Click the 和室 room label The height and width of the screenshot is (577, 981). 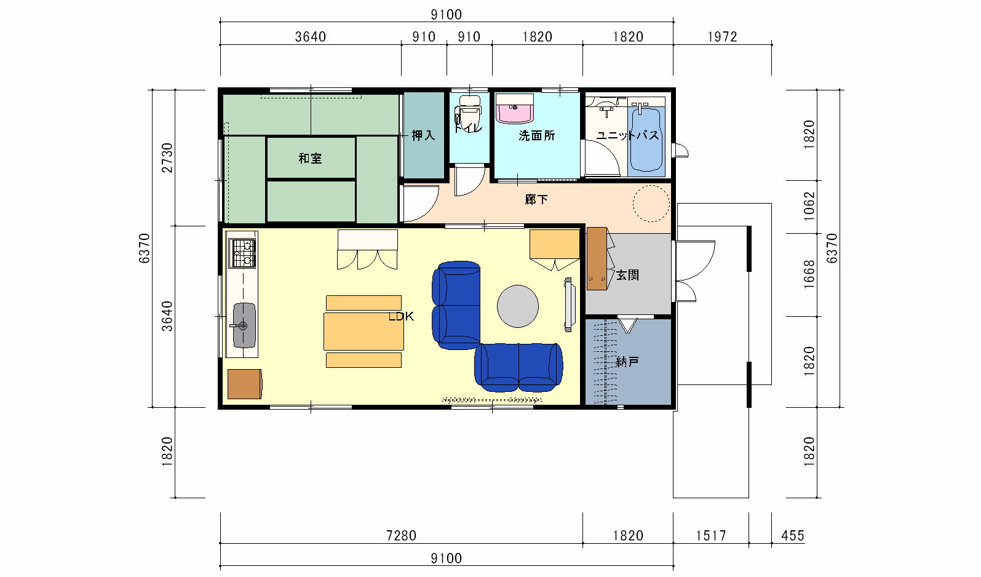tap(310, 158)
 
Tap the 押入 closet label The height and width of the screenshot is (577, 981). tap(423, 135)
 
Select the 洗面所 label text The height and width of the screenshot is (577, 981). tap(536, 135)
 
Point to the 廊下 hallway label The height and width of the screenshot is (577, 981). tap(536, 200)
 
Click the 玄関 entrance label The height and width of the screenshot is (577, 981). tap(627, 275)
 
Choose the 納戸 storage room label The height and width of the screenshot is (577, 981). tap(627, 362)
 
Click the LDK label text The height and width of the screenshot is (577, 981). tap(401, 316)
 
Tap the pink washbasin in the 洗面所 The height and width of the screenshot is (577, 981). tap(515, 109)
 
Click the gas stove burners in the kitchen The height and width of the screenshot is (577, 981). tap(242, 253)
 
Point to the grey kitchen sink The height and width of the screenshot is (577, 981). tap(244, 325)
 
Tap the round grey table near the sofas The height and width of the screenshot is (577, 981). tap(518, 306)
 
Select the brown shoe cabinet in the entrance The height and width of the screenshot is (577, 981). tap(597, 258)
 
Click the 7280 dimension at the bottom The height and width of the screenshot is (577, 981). tap(401, 535)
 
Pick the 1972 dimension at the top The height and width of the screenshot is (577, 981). tap(723, 37)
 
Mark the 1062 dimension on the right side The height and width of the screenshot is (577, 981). tap(809, 206)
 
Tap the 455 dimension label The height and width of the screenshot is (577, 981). tap(793, 535)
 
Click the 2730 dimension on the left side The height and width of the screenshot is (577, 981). tap(167, 157)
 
